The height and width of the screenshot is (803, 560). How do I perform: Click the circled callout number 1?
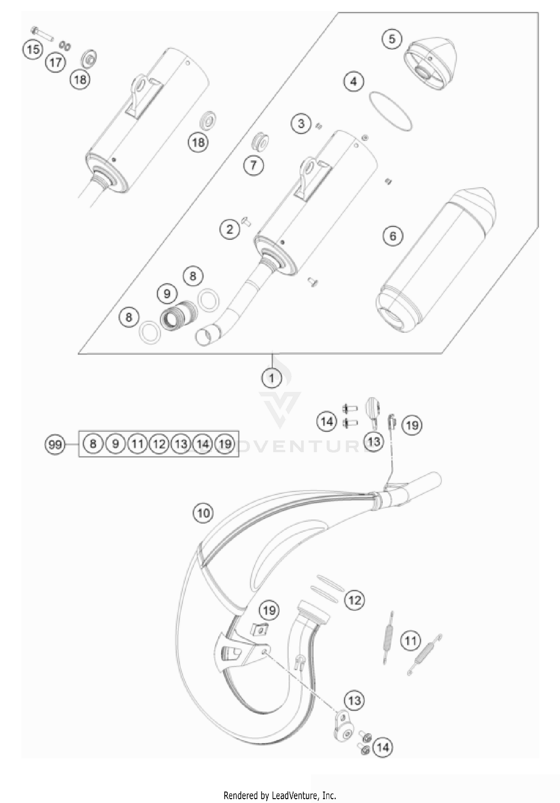pyautogui.click(x=271, y=378)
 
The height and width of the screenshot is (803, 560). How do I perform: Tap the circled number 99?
pyautogui.click(x=55, y=444)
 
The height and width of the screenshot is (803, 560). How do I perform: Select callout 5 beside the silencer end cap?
pyautogui.click(x=392, y=39)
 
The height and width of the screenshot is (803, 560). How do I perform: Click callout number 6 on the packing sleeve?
pyautogui.click(x=393, y=236)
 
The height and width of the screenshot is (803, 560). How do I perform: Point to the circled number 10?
pyautogui.click(x=203, y=513)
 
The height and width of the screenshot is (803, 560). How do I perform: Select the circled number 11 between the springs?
pyautogui.click(x=410, y=641)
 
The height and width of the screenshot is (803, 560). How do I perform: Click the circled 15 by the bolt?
pyautogui.click(x=33, y=49)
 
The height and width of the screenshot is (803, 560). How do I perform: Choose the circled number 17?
pyautogui.click(x=55, y=62)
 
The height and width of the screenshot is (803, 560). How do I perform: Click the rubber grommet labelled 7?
pyautogui.click(x=259, y=141)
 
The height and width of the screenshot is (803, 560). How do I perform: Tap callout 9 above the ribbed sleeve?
pyautogui.click(x=167, y=294)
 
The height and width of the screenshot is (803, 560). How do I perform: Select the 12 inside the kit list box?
pyautogui.click(x=159, y=444)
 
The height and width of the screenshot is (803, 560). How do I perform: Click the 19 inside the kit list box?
pyautogui.click(x=225, y=444)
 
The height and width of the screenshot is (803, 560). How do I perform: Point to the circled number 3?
pyautogui.click(x=301, y=123)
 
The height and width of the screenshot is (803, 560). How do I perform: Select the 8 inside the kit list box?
pyautogui.click(x=93, y=444)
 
